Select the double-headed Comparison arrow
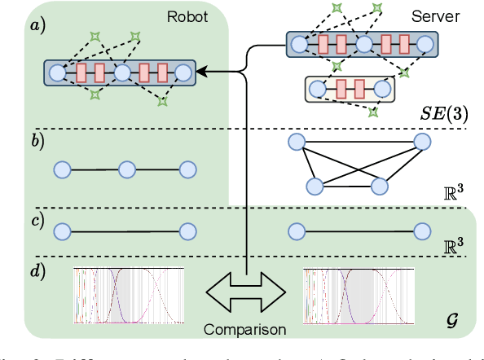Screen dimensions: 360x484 tap(244, 291)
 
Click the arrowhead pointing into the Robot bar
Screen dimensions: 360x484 tap(199, 73)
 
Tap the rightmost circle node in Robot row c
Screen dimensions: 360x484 tap(188, 232)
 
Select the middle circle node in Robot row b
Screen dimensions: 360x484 tap(125, 170)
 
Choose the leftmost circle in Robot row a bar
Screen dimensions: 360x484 tap(58, 73)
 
